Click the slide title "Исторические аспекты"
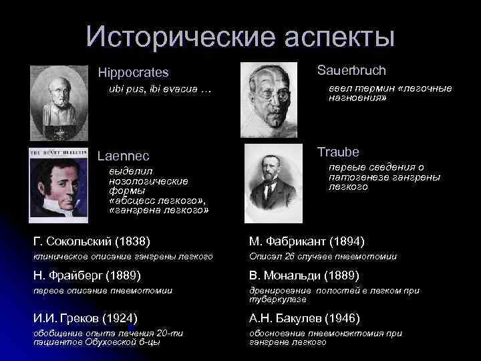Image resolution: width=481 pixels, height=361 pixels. click(x=240, y=37)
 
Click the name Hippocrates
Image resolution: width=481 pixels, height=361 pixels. click(x=133, y=72)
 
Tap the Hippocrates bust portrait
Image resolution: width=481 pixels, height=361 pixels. click(x=59, y=102)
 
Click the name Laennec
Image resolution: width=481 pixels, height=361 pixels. click(x=124, y=157)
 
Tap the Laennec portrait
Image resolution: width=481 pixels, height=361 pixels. click(x=59, y=182)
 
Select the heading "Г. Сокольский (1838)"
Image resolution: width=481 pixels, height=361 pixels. click(x=92, y=241)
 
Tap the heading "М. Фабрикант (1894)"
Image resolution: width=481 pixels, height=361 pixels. click(x=307, y=241)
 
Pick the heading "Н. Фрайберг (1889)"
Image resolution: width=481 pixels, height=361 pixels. click(x=87, y=275)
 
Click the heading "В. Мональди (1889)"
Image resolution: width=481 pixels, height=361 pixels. click(x=304, y=275)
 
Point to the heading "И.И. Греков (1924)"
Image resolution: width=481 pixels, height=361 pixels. click(x=86, y=318)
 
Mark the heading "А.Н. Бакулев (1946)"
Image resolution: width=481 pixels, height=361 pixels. click(x=304, y=318)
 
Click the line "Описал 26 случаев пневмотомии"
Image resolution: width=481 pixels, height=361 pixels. click(x=323, y=257)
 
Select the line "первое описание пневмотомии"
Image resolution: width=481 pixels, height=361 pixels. click(x=103, y=290)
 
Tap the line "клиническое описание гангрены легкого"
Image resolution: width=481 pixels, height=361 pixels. click(x=123, y=257)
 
